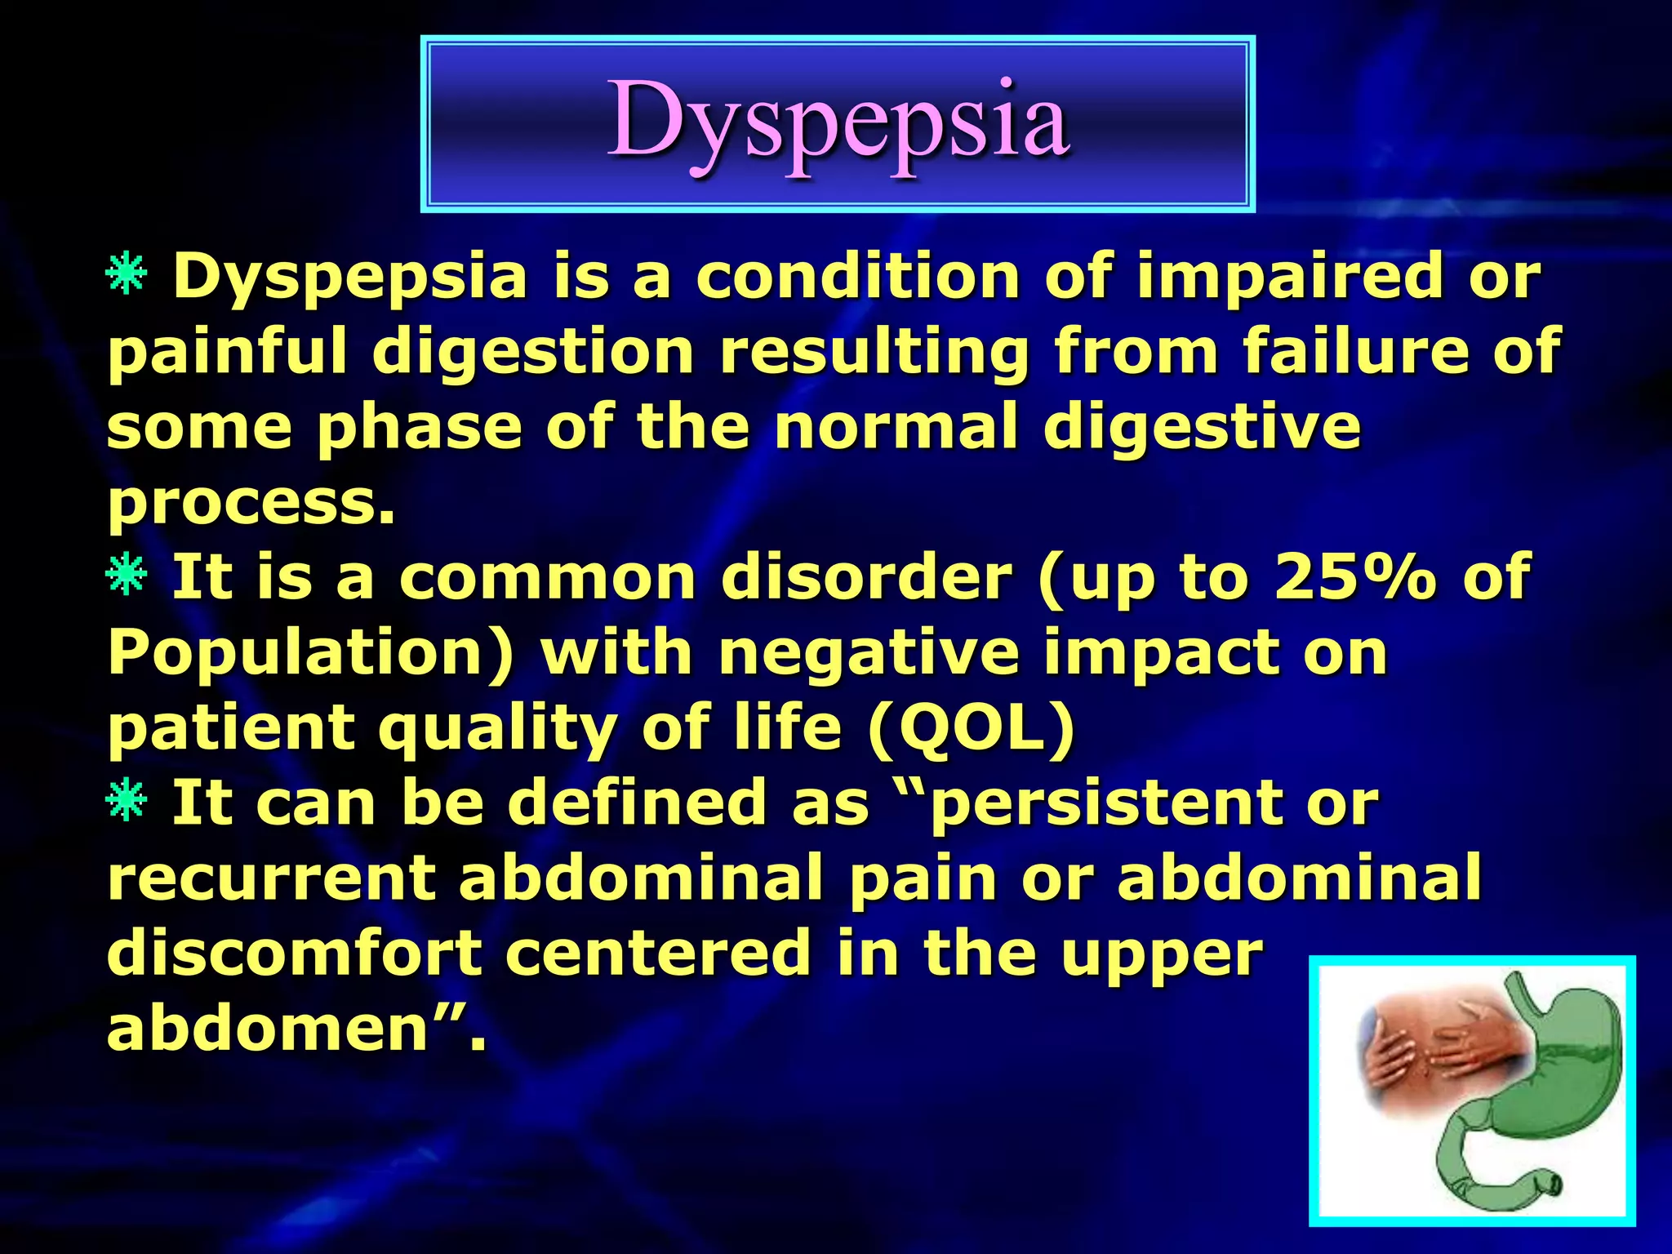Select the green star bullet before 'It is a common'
[126, 576]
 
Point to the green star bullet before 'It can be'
[126, 801]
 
